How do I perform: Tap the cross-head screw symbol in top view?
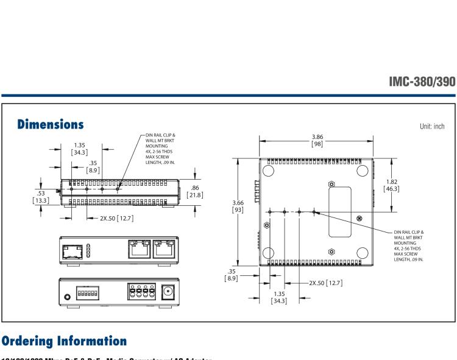[359, 218]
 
